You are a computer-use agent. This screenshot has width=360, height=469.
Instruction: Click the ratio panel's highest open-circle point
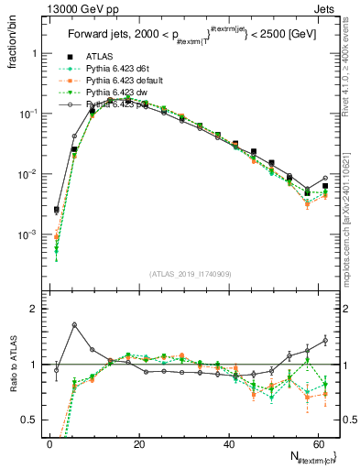click(x=74, y=324)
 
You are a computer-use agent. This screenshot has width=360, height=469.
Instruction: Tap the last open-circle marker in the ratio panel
click(x=324, y=341)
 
